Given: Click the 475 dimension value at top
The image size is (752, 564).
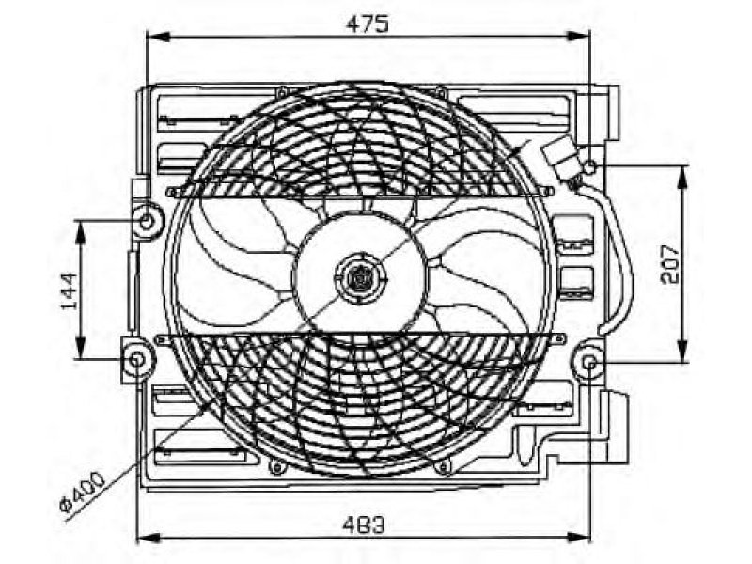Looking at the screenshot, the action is [367, 24].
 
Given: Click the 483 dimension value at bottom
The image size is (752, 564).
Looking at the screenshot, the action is [364, 525].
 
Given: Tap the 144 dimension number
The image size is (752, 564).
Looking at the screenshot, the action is [70, 291].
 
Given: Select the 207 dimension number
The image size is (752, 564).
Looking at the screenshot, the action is [670, 265].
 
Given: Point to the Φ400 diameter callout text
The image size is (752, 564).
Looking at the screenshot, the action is [82, 496].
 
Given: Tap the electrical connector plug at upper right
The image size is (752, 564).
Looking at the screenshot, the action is [560, 157].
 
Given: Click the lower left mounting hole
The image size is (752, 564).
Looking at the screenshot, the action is [137, 360].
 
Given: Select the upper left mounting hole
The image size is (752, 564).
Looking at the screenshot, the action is [148, 221].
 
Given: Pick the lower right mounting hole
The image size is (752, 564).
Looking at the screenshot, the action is [590, 363].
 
